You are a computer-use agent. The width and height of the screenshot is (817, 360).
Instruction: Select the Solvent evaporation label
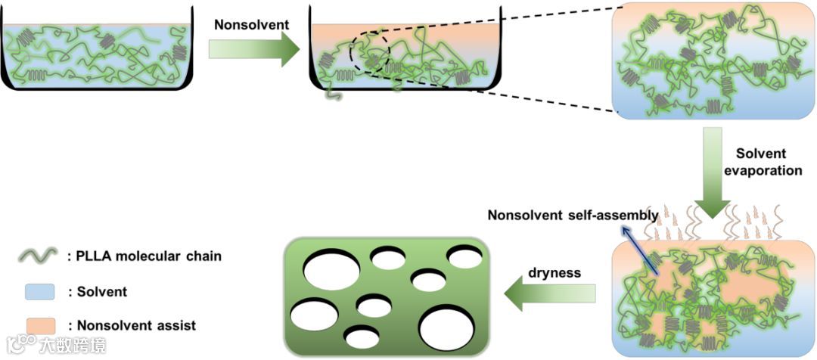pyautogui.click(x=763, y=163)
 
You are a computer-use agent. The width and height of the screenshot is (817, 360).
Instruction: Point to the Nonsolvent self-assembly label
pyautogui.click(x=573, y=216)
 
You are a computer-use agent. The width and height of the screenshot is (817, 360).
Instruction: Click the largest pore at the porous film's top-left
pyautogui.click(x=333, y=268)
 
